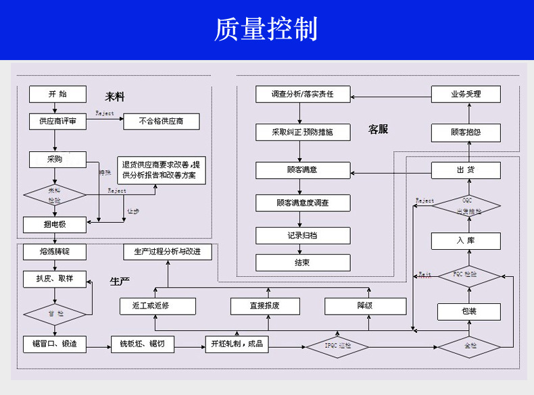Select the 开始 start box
pyautogui.click(x=57, y=94)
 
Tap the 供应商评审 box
pyautogui.click(x=57, y=122)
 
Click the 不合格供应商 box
pyautogui.click(x=162, y=122)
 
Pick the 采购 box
pyautogui.click(x=57, y=159)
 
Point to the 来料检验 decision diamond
pyautogui.click(x=55, y=195)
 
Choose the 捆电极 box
pyautogui.click(x=55, y=223)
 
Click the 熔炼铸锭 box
pyautogui.click(x=55, y=252)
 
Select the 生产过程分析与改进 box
pyautogui.click(x=167, y=252)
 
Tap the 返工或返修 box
pyautogui.click(x=158, y=306)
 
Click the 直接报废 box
pyautogui.click(x=264, y=306)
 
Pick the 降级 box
pyautogui.click(x=364, y=306)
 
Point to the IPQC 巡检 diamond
pyautogui.click(x=338, y=346)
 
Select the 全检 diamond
pyautogui.click(x=469, y=346)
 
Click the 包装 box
pyautogui.click(x=469, y=311)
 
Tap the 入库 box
pyautogui.click(x=466, y=240)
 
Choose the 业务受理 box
pyautogui.click(x=466, y=94)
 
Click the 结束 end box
pyautogui.click(x=303, y=263)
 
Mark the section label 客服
pyautogui.click(x=378, y=129)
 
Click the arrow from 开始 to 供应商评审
pyautogui.click(x=57, y=108)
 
